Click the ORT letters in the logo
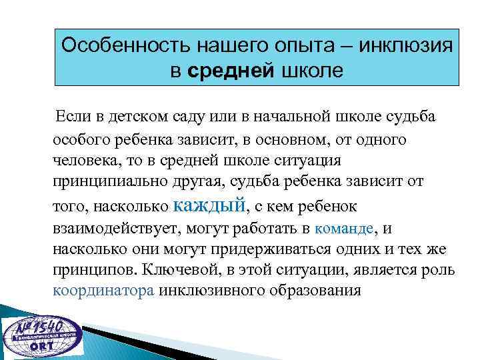tap(41, 349)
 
